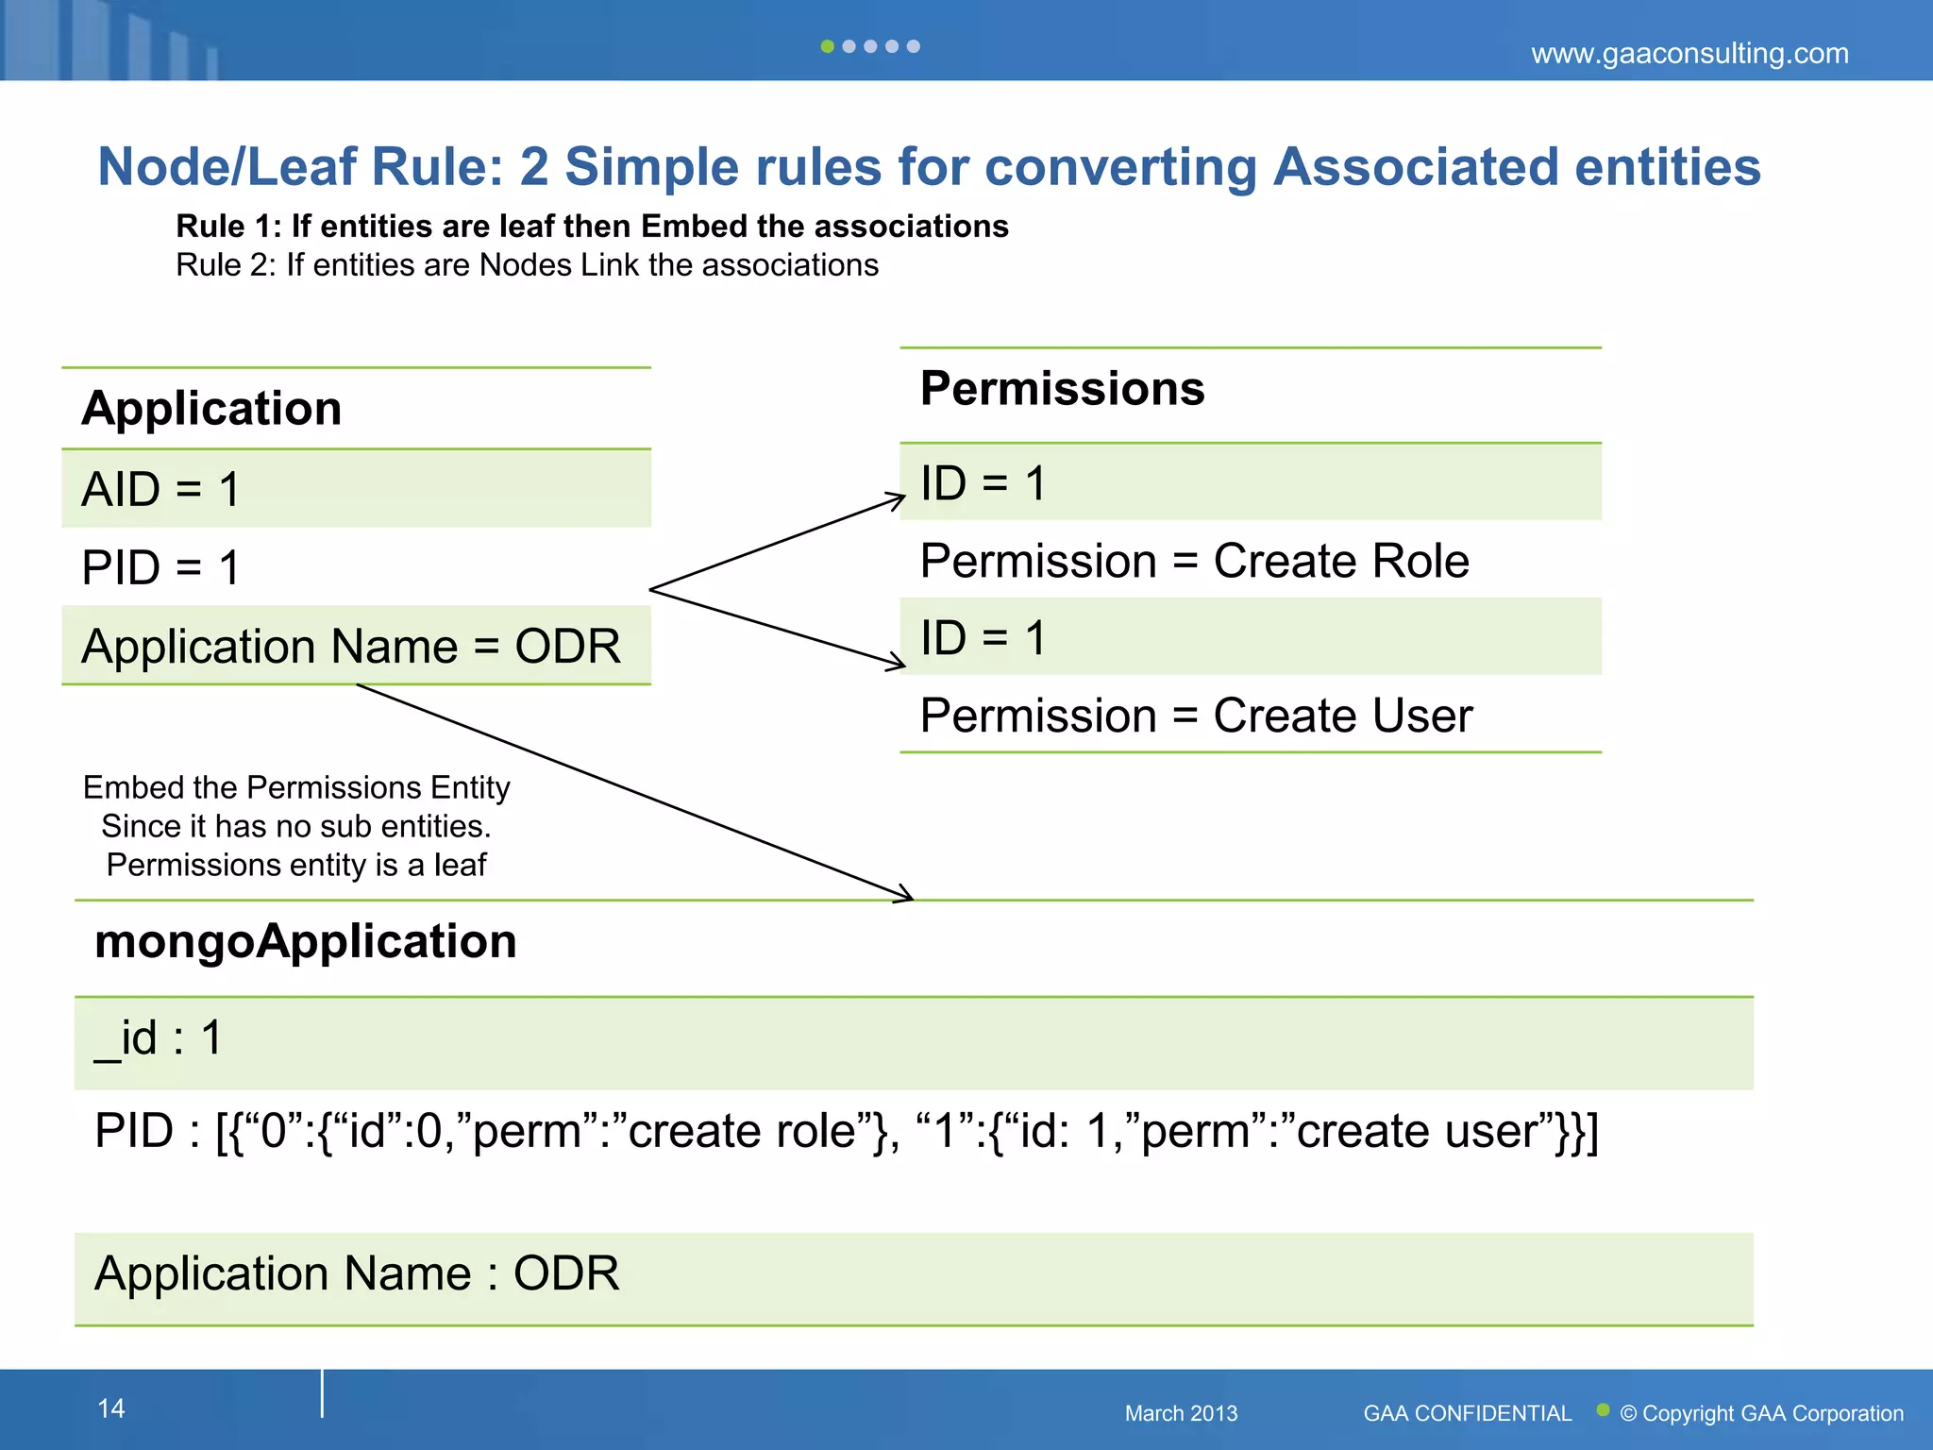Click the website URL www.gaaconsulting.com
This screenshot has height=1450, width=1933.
[x=1689, y=54]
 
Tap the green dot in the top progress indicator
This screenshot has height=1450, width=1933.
[x=827, y=46]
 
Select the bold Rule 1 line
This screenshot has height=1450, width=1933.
[x=592, y=227]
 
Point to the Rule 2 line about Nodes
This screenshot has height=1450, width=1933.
[x=527, y=265]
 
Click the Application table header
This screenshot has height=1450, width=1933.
[x=211, y=409]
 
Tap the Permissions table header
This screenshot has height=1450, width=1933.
[x=1062, y=389]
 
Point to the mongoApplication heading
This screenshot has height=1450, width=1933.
[x=306, y=942]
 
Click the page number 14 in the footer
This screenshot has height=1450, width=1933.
[x=111, y=1408]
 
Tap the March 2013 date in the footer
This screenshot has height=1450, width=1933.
[x=1180, y=1413]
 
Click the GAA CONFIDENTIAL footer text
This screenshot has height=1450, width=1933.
[x=1467, y=1413]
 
